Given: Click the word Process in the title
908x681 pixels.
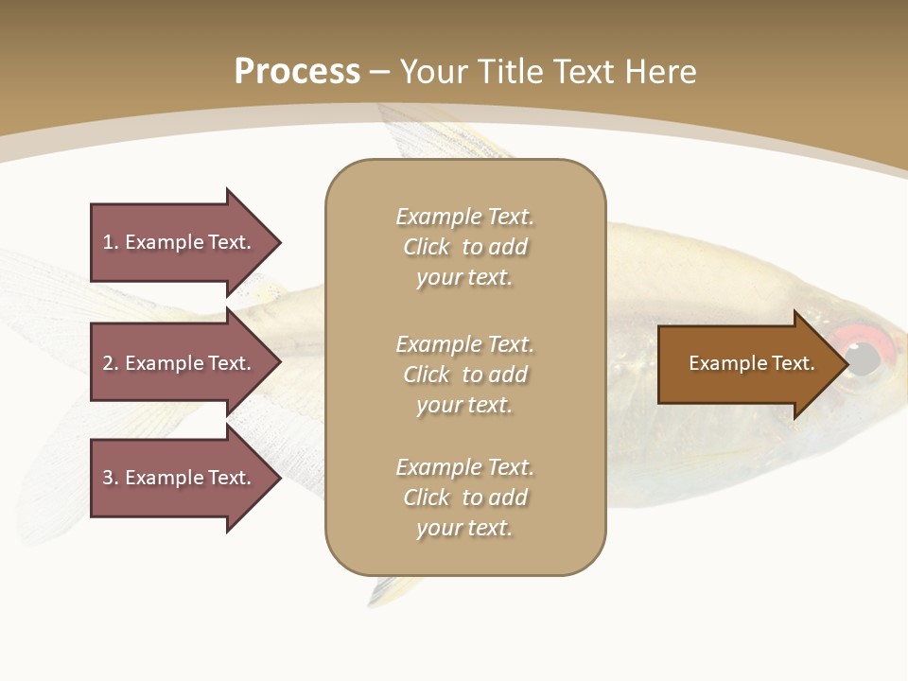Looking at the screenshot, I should (x=297, y=72).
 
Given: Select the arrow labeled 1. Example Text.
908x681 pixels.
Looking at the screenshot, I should (x=180, y=242).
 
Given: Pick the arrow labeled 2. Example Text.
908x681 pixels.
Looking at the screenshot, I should (x=180, y=363).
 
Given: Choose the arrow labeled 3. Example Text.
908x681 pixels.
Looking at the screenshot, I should (x=180, y=478).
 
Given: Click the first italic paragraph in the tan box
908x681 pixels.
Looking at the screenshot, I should (x=464, y=247).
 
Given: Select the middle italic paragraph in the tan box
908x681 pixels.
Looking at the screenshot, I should (x=464, y=375).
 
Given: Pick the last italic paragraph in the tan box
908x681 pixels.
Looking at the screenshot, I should (x=464, y=498).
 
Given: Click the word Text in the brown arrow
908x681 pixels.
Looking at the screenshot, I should (x=794, y=363).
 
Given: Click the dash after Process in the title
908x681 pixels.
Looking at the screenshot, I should (x=380, y=72).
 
